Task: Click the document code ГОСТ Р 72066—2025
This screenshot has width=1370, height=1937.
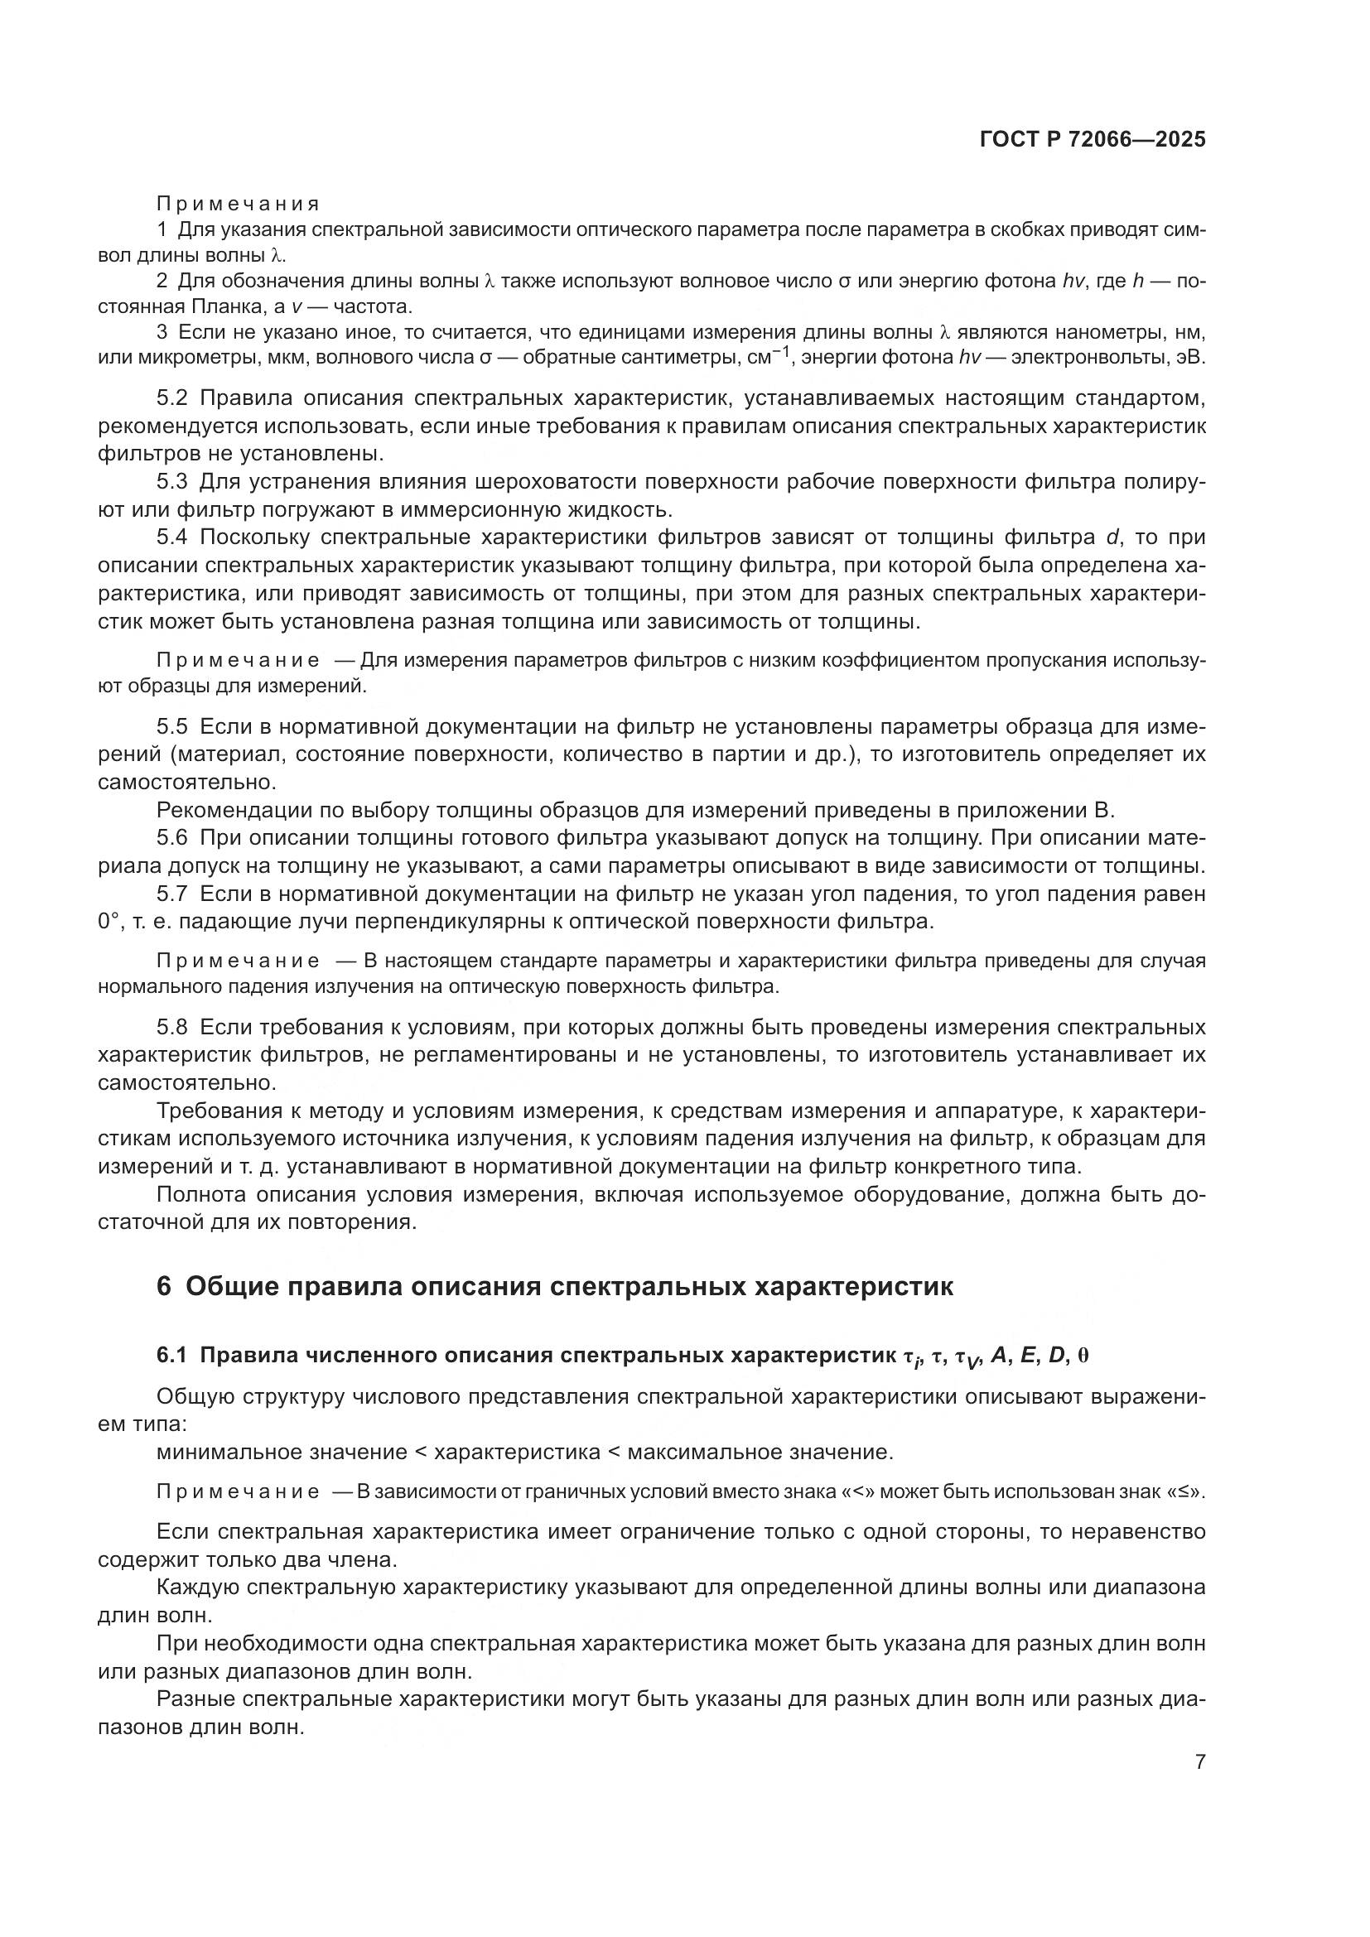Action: (x=1093, y=140)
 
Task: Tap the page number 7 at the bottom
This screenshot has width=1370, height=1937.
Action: (x=1200, y=1761)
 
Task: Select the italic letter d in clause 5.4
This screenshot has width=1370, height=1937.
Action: (x=1112, y=537)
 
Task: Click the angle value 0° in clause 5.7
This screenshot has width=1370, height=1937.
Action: (x=109, y=921)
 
